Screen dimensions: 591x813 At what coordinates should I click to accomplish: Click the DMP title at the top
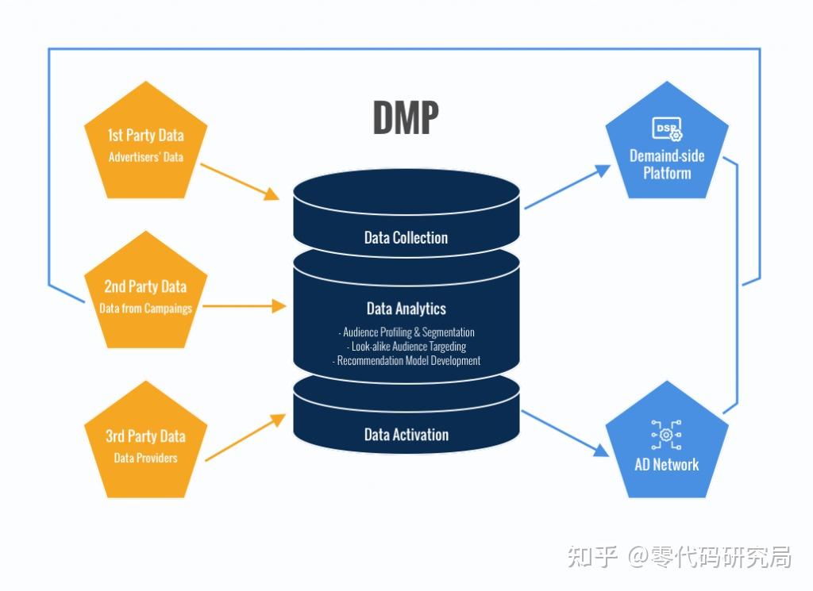tap(405, 117)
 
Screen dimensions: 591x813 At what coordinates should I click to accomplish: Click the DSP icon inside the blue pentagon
tap(666, 129)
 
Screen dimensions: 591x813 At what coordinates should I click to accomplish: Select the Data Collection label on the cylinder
tap(406, 237)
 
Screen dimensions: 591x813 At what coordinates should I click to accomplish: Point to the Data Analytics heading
tap(406, 309)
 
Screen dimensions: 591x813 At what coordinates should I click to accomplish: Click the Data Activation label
tap(406, 435)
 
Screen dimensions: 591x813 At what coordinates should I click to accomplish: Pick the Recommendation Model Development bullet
tap(406, 361)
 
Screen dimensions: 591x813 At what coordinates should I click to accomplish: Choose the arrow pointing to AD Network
tap(564, 435)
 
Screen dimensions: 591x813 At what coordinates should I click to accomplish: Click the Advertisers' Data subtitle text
tap(145, 157)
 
